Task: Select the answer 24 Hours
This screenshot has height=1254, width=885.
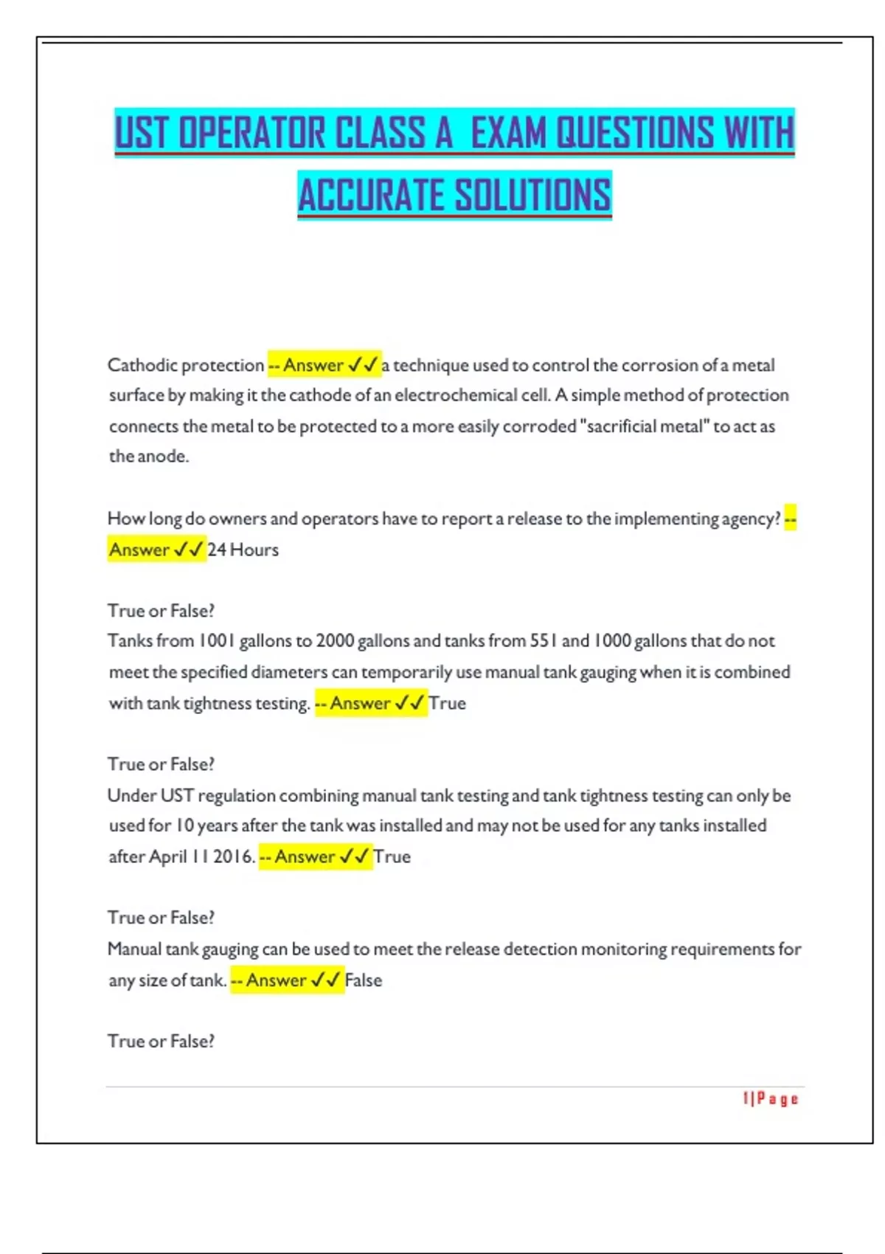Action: (243, 550)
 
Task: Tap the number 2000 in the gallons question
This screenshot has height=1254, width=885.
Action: (335, 641)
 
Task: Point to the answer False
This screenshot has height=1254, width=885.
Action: (364, 980)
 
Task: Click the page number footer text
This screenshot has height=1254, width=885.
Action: (771, 1099)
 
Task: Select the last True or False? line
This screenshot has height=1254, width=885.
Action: (161, 1042)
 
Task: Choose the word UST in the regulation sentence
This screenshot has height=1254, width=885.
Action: (177, 796)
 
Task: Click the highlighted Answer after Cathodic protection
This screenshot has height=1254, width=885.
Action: (314, 365)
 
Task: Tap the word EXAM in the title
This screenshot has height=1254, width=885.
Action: (509, 134)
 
